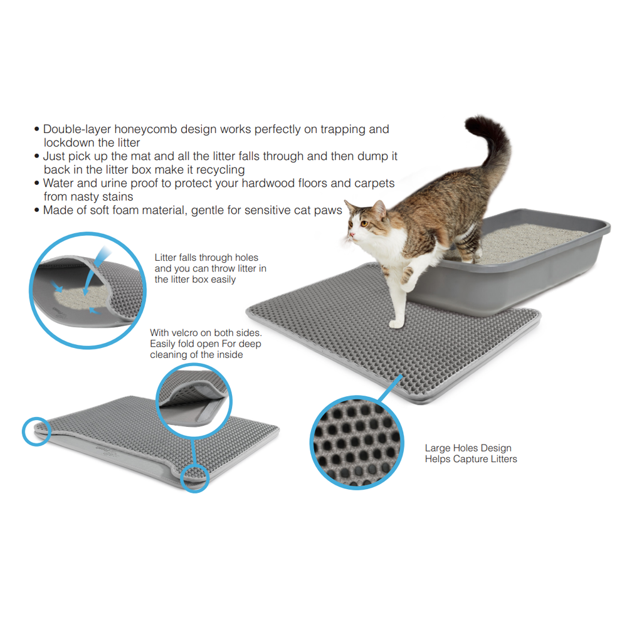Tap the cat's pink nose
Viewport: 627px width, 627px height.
(x=350, y=235)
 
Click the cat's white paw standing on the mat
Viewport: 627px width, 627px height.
(x=396, y=324)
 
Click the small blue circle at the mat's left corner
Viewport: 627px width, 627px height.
(x=36, y=432)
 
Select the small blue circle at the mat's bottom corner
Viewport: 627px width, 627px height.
(x=195, y=478)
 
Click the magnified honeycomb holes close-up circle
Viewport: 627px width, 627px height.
(x=357, y=443)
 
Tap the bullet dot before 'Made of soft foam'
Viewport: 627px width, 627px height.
(x=37, y=210)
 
